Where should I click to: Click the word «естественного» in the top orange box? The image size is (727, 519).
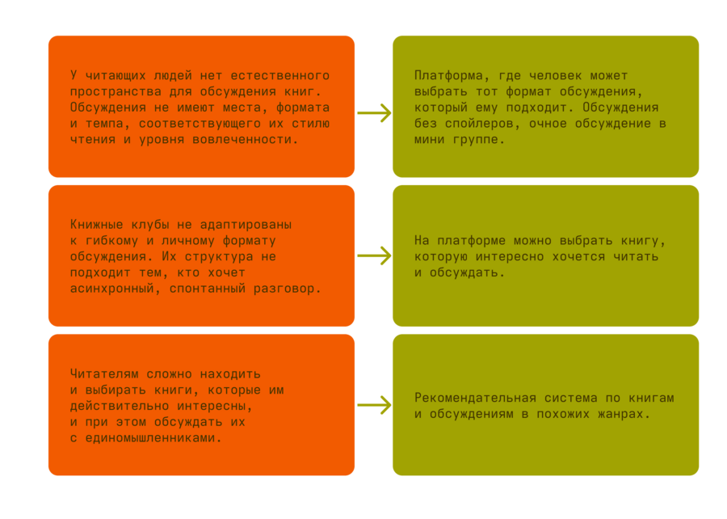[280, 75]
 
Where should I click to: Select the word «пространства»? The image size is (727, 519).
[116, 92]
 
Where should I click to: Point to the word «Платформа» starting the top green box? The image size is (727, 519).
[448, 76]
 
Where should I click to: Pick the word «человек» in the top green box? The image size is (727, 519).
[556, 75]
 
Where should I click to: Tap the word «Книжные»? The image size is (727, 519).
[96, 225]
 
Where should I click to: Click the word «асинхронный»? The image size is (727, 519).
[111, 289]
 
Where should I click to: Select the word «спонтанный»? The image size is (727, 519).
[208, 289]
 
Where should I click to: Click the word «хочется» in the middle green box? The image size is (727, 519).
[578, 256]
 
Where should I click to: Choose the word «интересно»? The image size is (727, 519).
[510, 256]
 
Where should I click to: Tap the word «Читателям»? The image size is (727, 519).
[104, 373]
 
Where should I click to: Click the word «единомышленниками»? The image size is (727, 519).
[150, 438]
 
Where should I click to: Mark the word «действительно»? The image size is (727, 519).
[120, 406]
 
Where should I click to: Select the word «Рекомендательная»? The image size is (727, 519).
[475, 398]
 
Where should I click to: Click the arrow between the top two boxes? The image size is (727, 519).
[374, 112]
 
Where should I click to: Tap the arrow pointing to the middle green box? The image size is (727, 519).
[374, 255]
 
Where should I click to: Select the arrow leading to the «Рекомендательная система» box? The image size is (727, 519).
[374, 405]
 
